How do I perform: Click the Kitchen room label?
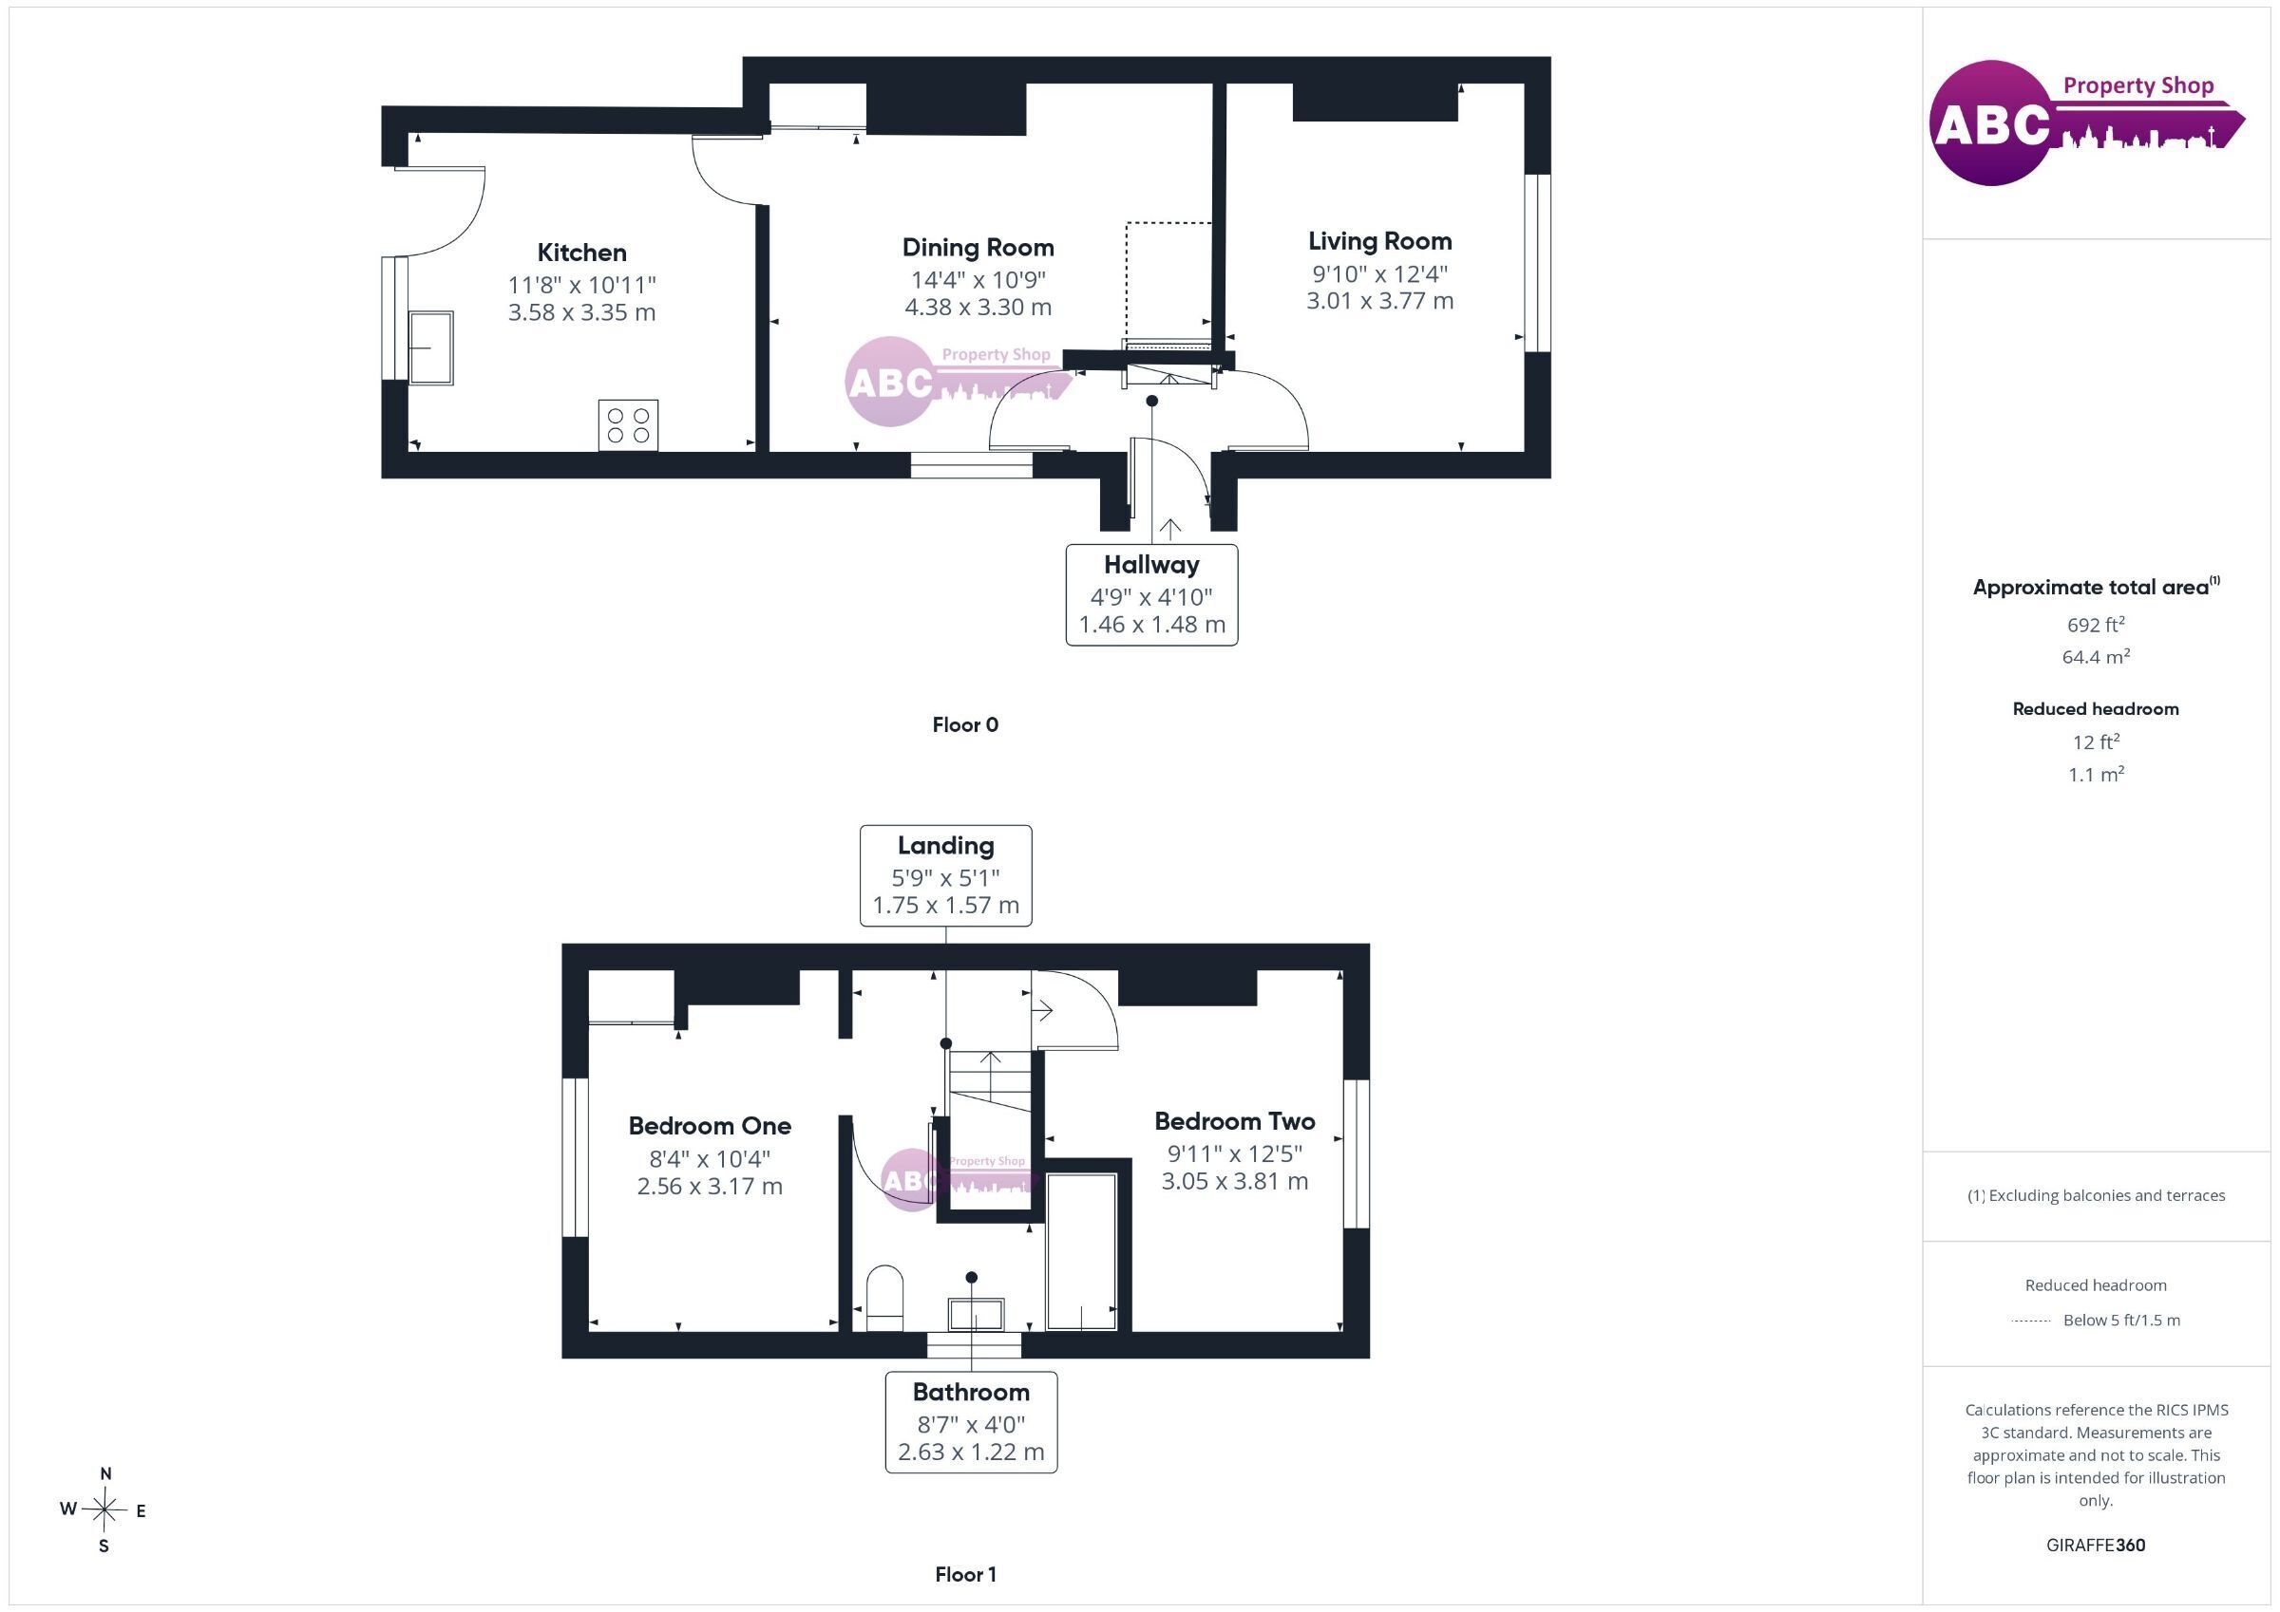point(582,253)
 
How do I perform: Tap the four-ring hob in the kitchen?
point(628,426)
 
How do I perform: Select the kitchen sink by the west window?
point(431,347)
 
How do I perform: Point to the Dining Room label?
point(978,247)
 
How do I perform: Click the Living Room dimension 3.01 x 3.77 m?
point(1379,301)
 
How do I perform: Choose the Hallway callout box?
point(1152,594)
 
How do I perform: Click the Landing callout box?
point(945,875)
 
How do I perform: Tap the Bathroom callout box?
point(971,1422)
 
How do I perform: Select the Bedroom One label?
point(710,1126)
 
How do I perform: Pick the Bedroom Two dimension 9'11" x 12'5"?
point(1234,1153)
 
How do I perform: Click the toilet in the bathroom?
point(884,1298)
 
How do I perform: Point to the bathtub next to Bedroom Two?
point(1081,1250)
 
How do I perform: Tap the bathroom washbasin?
point(977,1314)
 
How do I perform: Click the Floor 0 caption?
point(965,724)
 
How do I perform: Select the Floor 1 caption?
point(965,1574)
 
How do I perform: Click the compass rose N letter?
point(106,1474)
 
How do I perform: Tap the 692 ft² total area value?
point(2096,625)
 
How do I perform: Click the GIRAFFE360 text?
point(2096,1545)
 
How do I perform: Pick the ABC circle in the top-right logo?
point(1991,123)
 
